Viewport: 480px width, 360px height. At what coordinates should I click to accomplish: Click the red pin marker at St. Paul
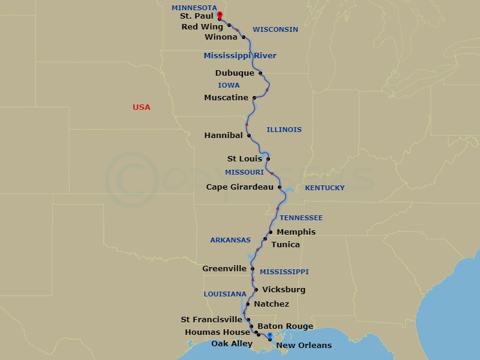[220, 15]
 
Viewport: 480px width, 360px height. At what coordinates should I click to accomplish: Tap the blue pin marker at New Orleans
[270, 337]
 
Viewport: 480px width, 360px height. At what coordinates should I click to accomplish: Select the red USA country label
[142, 107]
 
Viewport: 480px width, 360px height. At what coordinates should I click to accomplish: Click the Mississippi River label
[240, 56]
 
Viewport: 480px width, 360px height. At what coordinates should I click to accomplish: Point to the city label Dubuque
[235, 73]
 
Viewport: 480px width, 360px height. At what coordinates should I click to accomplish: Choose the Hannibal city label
[223, 136]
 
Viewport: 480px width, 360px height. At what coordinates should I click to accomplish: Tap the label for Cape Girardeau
[240, 187]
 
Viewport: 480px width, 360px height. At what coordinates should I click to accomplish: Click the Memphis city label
[296, 232]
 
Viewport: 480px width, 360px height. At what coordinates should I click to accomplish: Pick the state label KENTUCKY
[325, 188]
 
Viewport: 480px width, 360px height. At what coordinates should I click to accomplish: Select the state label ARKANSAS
[230, 240]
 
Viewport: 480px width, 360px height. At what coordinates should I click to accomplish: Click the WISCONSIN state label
[275, 29]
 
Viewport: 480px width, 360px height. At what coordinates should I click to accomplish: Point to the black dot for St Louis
[268, 159]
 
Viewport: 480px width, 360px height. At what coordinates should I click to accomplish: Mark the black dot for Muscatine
[254, 98]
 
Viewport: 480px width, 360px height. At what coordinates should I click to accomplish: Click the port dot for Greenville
[253, 269]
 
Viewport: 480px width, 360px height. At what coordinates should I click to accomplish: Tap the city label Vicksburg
[284, 290]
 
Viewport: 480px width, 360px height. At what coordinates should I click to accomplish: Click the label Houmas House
[217, 332]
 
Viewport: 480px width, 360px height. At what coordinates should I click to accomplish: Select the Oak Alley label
[232, 344]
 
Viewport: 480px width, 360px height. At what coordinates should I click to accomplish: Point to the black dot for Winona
[244, 37]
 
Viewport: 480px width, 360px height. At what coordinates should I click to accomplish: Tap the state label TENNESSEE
[301, 218]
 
